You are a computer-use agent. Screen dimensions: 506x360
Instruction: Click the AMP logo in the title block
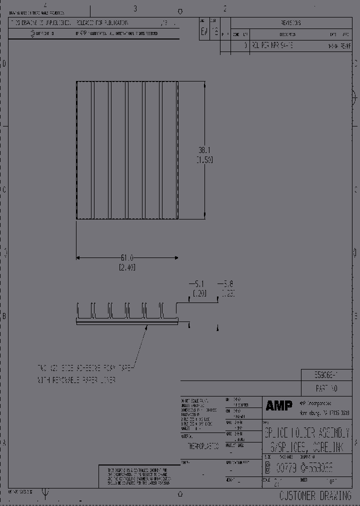click(x=279, y=406)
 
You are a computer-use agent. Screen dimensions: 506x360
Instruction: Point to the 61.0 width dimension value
click(x=127, y=258)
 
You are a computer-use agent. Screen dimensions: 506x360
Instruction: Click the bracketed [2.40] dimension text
click(x=127, y=267)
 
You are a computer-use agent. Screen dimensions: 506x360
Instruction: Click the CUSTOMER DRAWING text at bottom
click(x=316, y=495)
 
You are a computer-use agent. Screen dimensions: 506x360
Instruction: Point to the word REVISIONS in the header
click(x=291, y=23)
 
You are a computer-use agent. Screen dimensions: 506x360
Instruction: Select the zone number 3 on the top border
click(x=135, y=8)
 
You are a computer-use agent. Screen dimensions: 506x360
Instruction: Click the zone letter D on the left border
click(x=5, y=63)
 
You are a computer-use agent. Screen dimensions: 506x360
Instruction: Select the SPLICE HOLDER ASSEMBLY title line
click(x=307, y=433)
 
